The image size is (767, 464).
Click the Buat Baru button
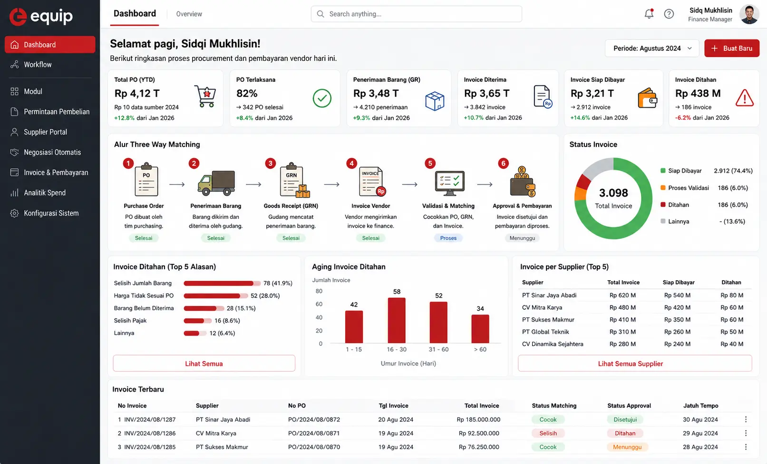coord(731,49)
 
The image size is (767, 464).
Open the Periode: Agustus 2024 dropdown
coord(652,49)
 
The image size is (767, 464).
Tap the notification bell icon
coord(649,14)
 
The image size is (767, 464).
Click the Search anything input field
coord(416,14)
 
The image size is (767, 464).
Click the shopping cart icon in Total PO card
coord(205,96)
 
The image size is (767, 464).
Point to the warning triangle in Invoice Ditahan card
coord(744,98)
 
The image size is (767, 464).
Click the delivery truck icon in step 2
coord(216,183)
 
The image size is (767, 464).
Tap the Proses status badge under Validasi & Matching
coord(448,238)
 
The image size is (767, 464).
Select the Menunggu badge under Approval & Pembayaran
coord(522,238)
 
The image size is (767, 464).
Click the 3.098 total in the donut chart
coord(613,193)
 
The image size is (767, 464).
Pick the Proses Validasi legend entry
coord(685,188)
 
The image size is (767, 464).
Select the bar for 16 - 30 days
coord(397,320)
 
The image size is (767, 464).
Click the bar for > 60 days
coord(480,329)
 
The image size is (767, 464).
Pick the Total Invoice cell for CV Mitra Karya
coord(622,307)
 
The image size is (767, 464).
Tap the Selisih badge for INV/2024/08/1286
coord(548,433)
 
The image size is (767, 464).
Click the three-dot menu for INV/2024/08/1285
coord(746,447)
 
